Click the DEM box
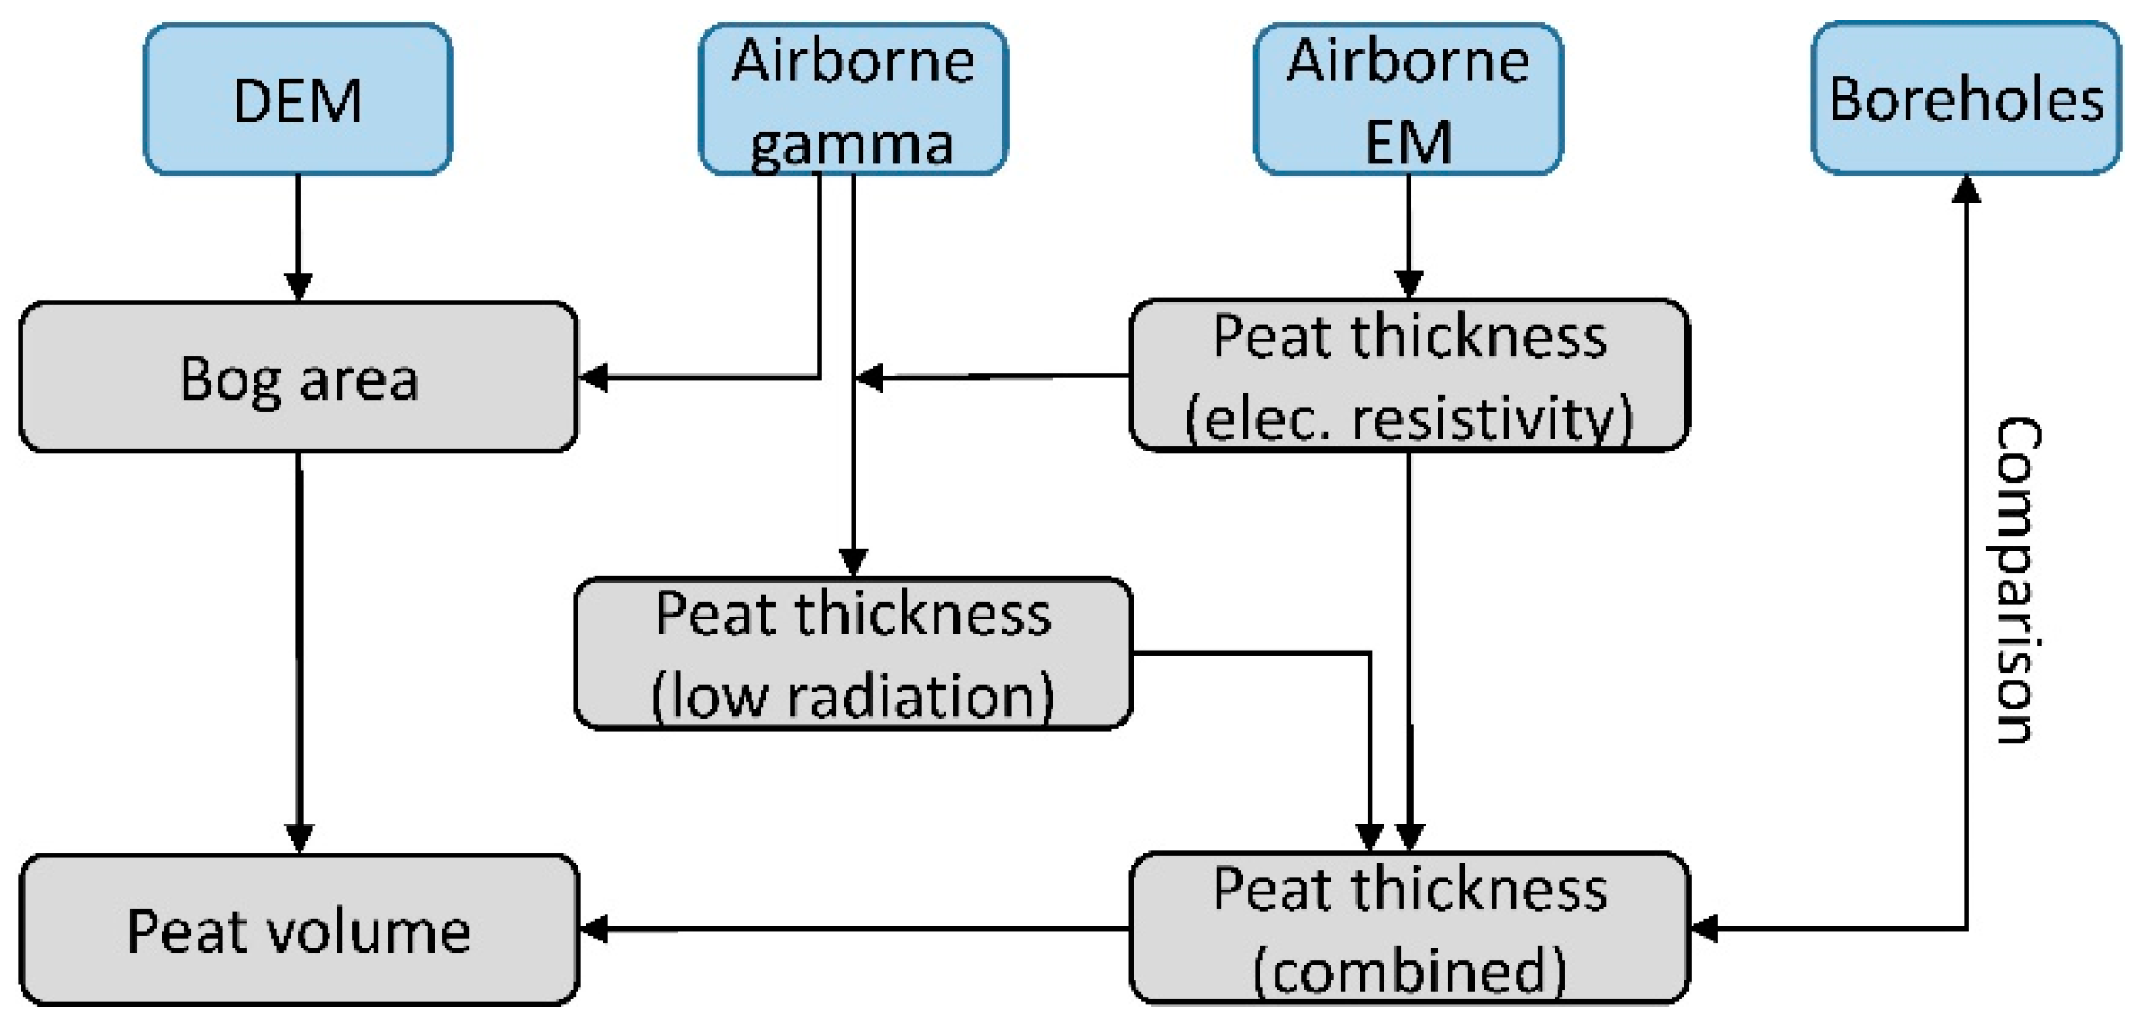297,99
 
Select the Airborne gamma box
852,99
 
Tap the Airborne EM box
1408,99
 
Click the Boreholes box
1966,99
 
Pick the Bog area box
298,377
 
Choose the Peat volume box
298,930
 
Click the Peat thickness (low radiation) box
852,653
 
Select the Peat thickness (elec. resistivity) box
1408,376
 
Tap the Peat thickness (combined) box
1408,928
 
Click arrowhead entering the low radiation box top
852,562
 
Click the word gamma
852,143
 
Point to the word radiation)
919,696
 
